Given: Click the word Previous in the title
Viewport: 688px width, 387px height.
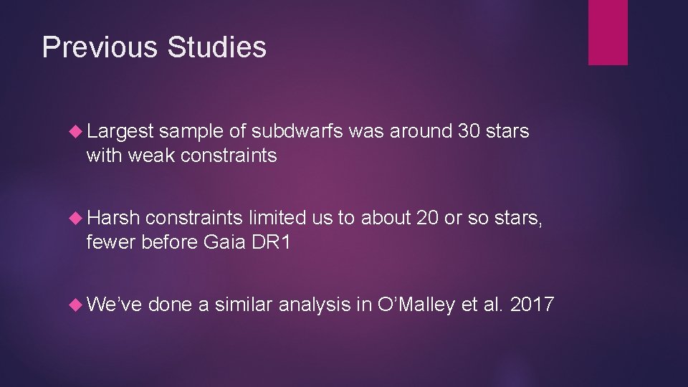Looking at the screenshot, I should click(100, 47).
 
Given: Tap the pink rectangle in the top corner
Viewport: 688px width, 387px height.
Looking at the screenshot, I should click(608, 32).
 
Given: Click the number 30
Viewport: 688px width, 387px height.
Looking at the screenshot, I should click(467, 132).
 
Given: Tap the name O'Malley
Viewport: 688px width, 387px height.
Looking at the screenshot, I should click(416, 305).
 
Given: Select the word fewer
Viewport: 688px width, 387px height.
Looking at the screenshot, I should click(111, 242).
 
